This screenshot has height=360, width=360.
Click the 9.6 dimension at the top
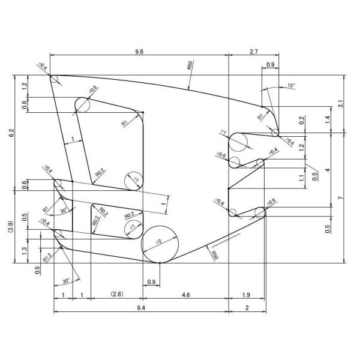(x=139, y=52)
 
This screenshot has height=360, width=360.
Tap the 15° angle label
(x=292, y=85)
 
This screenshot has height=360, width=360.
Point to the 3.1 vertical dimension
(x=341, y=104)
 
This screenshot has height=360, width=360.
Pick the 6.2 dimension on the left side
(x=11, y=133)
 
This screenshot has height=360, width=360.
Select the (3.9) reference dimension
(x=11, y=227)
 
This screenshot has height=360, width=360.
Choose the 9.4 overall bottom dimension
(x=140, y=307)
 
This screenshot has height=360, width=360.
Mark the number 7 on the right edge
(x=341, y=198)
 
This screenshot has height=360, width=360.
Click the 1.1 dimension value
(x=302, y=178)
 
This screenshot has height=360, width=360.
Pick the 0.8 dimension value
(x=23, y=105)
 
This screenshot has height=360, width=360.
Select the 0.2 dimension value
(x=302, y=119)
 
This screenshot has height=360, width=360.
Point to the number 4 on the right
(x=327, y=170)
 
